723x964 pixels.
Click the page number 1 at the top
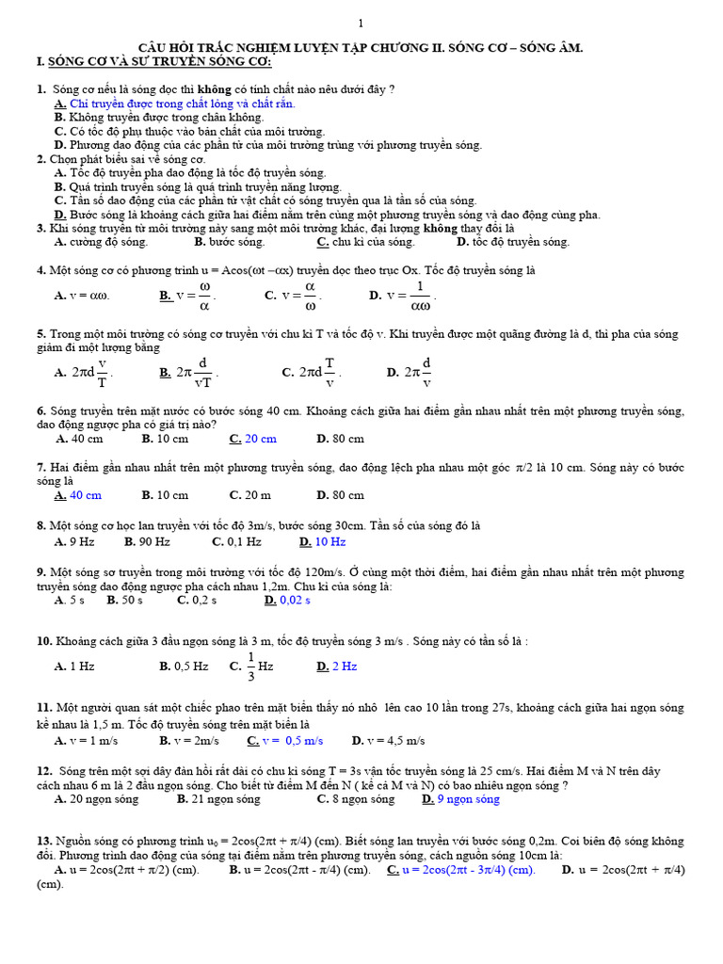point(361,24)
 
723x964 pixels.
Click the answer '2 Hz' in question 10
point(345,667)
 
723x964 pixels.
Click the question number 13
point(43,841)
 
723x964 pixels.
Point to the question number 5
point(41,334)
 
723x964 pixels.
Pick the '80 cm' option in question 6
point(347,439)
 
